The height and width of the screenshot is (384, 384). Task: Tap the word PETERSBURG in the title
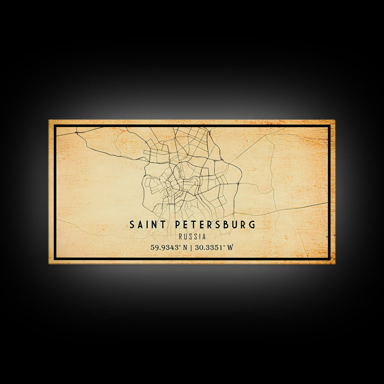pyautogui.click(x=215, y=225)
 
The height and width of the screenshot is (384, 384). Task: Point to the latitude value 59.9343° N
pyautogui.click(x=169, y=247)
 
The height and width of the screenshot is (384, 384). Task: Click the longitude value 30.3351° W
pyautogui.click(x=214, y=247)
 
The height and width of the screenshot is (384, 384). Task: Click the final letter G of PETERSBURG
pyautogui.click(x=252, y=225)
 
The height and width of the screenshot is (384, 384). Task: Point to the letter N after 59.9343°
pyautogui.click(x=185, y=247)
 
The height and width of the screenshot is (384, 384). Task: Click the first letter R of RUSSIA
pyautogui.click(x=180, y=236)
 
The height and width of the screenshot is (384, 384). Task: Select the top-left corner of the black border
pyautogui.click(x=54, y=126)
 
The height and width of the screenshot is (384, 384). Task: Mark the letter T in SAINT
pyautogui.click(x=163, y=225)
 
